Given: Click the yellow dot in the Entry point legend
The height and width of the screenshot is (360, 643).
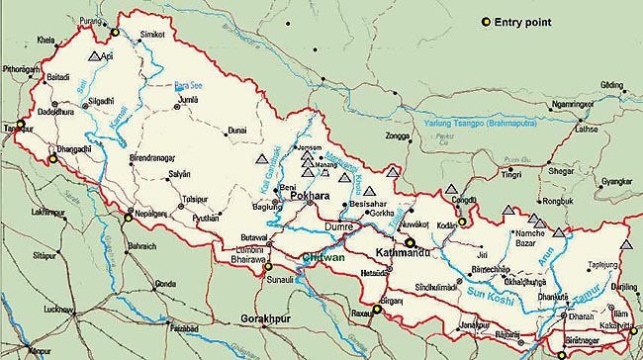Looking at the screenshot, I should [x=485, y=22].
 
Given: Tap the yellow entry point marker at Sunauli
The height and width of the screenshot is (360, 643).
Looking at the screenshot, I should [x=267, y=266].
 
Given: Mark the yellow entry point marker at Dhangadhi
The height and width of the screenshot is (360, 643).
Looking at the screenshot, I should [x=52, y=156].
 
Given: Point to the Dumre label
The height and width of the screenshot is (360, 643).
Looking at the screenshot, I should [x=339, y=227].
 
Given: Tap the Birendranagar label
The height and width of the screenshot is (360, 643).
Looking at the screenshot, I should [x=158, y=156].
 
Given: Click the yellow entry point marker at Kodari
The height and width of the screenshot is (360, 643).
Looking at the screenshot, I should [x=461, y=223].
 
